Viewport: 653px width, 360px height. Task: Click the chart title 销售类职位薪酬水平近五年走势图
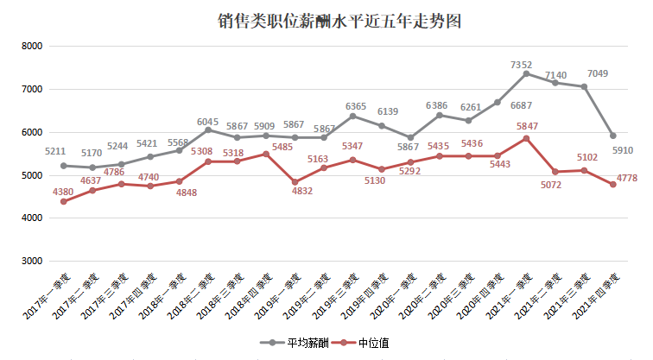pos(326,21)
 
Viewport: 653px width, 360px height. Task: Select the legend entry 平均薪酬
pos(295,343)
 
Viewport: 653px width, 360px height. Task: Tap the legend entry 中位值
pos(372,343)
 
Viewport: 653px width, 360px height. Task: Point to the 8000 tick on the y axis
pos(32,46)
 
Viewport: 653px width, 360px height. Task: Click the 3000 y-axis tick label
pos(32,261)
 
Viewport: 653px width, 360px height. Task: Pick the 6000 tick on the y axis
pos(32,132)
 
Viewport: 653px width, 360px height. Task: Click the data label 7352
pos(522,65)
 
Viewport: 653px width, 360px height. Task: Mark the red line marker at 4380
pos(63,201)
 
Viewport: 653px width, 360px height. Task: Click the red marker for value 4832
pos(295,182)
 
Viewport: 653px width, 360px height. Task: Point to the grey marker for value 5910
pos(612,136)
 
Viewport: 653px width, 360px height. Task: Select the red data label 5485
pos(265,148)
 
